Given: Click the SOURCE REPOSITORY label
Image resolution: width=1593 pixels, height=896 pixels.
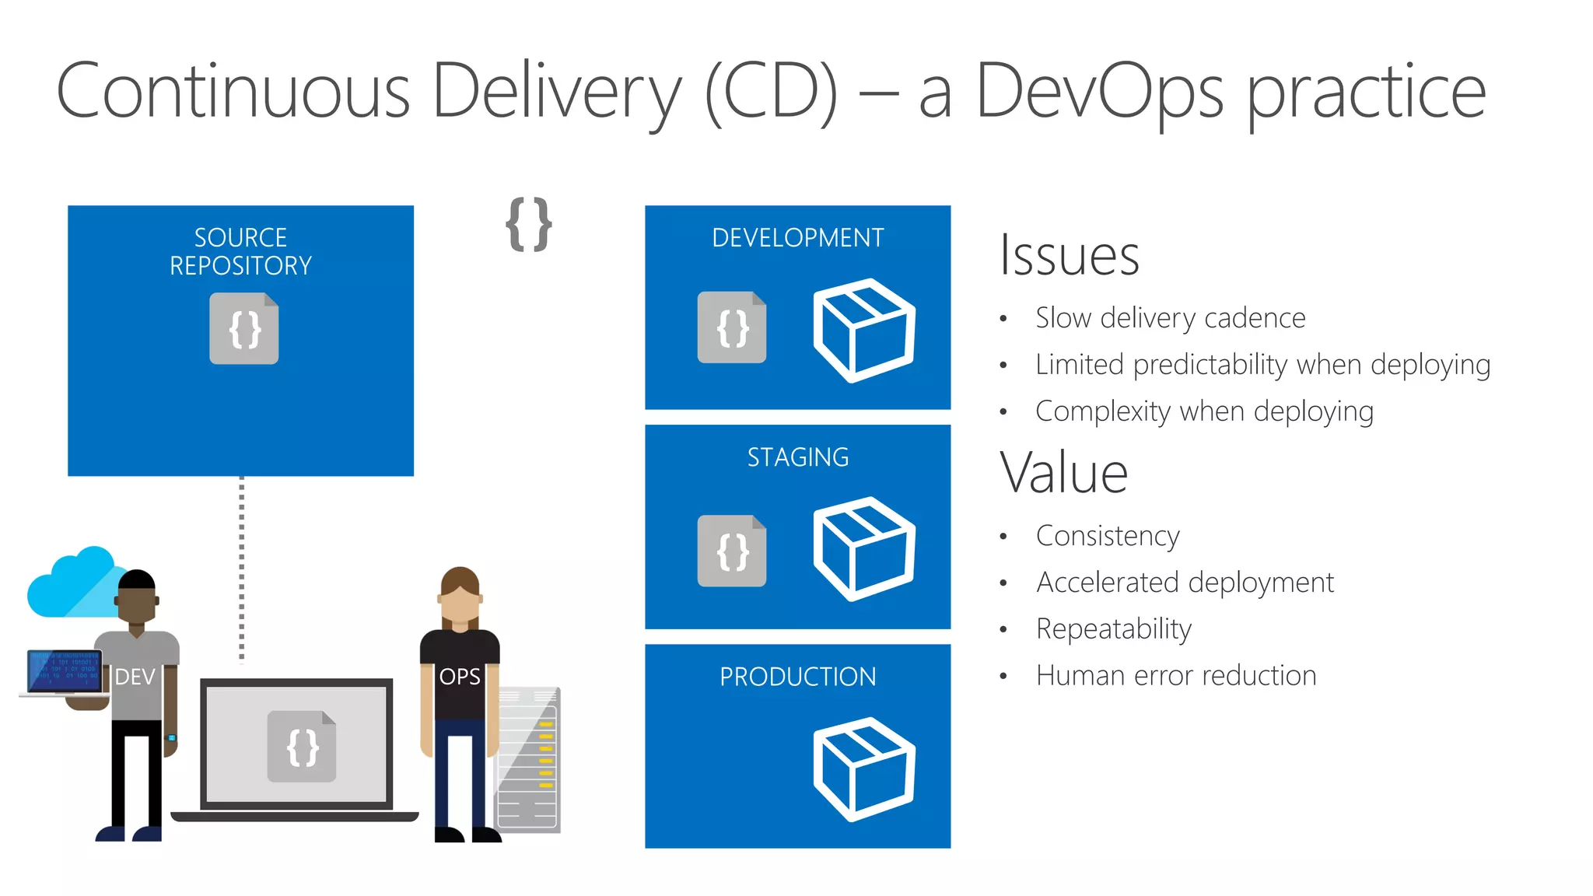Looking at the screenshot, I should pyautogui.click(x=240, y=251).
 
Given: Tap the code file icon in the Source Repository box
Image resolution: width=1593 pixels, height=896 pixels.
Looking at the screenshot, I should pyautogui.click(x=243, y=328).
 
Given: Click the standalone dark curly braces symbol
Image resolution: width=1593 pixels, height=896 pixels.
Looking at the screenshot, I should pyautogui.click(x=529, y=225).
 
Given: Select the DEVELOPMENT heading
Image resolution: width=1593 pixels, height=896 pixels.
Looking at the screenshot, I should pyautogui.click(x=797, y=237).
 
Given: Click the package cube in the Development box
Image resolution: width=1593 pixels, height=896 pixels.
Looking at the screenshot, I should pyautogui.click(x=863, y=330).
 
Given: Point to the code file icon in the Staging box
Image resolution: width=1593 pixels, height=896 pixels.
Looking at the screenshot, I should pyautogui.click(x=731, y=551).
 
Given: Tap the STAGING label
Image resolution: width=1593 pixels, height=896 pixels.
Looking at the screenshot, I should pyautogui.click(x=797, y=457).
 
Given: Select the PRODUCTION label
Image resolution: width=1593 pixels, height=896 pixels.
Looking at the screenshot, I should pyautogui.click(x=797, y=677).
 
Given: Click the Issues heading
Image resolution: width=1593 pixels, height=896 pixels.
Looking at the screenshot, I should pyautogui.click(x=1069, y=255).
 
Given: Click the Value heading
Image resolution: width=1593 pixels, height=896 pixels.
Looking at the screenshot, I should pyautogui.click(x=1063, y=473).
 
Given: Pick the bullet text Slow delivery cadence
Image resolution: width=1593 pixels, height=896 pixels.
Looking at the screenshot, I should pyautogui.click(x=1170, y=318).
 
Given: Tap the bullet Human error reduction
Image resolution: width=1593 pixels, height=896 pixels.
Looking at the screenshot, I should pyautogui.click(x=1175, y=675).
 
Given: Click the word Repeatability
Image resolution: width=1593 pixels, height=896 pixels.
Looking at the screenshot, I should pyautogui.click(x=1113, y=628).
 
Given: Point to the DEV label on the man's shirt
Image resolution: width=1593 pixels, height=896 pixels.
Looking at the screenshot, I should pyautogui.click(x=135, y=677).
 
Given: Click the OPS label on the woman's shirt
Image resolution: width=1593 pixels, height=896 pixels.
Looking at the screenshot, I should pyautogui.click(x=460, y=677).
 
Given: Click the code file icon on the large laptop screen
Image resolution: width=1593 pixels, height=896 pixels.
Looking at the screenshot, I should pyautogui.click(x=302, y=747).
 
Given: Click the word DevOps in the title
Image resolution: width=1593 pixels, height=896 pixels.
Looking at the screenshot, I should pyautogui.click(x=1099, y=92).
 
